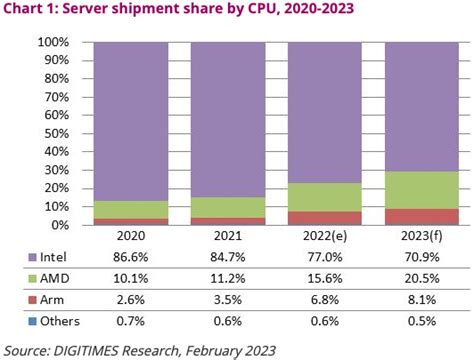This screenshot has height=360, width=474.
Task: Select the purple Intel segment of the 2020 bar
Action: (x=131, y=120)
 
